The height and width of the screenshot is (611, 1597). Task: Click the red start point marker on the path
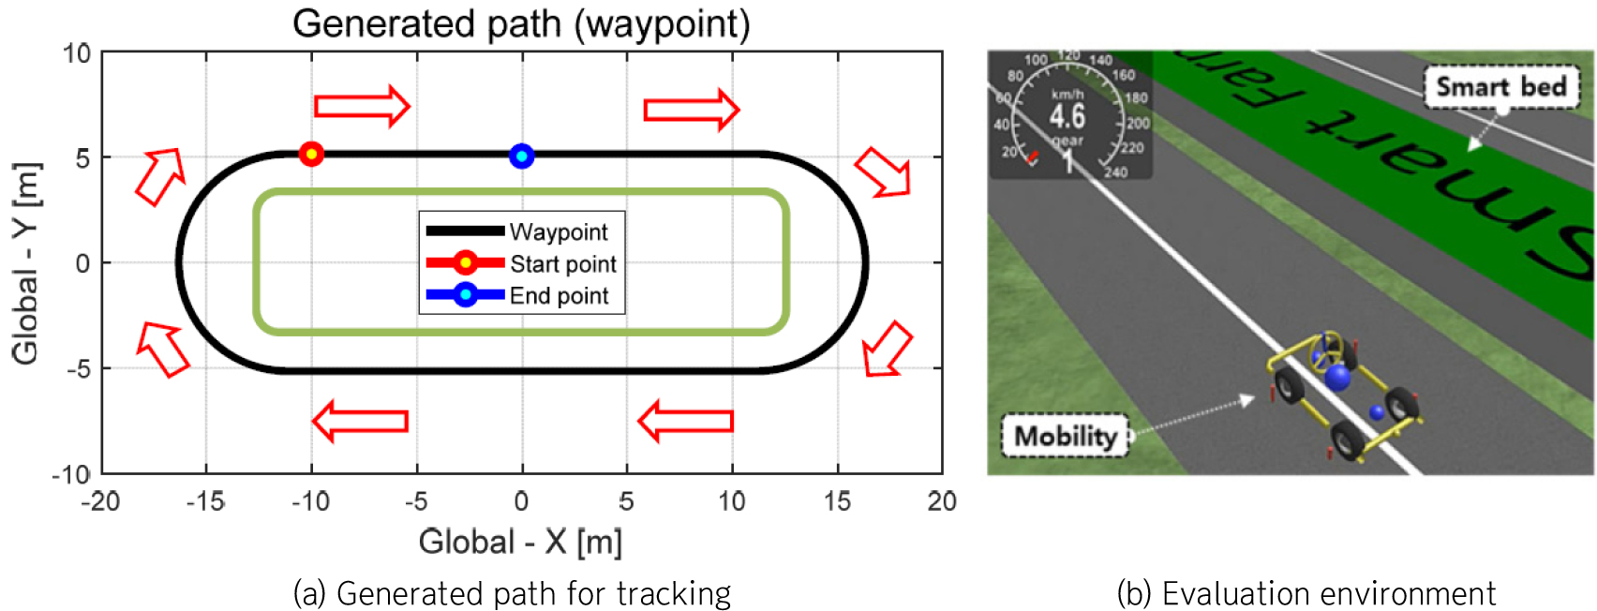click(x=311, y=154)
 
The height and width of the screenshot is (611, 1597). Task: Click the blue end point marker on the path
click(x=522, y=156)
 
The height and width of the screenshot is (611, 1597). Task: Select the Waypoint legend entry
click(x=558, y=231)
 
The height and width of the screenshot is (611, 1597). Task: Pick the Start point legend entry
click(x=562, y=263)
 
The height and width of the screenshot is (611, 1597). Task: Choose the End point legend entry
click(x=559, y=296)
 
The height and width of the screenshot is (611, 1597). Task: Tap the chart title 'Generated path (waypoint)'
click(x=521, y=23)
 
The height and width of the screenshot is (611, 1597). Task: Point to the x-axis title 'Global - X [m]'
click(x=520, y=542)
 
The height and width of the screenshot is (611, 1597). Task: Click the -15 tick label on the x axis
click(x=205, y=502)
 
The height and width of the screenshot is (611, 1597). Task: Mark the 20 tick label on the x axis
click(x=942, y=502)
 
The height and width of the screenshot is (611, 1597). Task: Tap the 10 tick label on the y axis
click(x=77, y=53)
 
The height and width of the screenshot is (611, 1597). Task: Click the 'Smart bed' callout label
click(x=1500, y=87)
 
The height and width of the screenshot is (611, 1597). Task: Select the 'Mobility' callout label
click(x=1066, y=436)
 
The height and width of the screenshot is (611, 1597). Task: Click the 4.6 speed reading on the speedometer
click(x=1067, y=116)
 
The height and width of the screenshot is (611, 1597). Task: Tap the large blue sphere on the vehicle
click(x=1337, y=378)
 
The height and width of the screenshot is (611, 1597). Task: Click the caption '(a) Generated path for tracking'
click(x=512, y=594)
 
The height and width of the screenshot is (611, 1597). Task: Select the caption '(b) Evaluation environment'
click(x=1306, y=594)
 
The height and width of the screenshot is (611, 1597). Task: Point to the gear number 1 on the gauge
click(x=1067, y=162)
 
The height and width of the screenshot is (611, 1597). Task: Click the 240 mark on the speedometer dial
click(x=1115, y=172)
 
